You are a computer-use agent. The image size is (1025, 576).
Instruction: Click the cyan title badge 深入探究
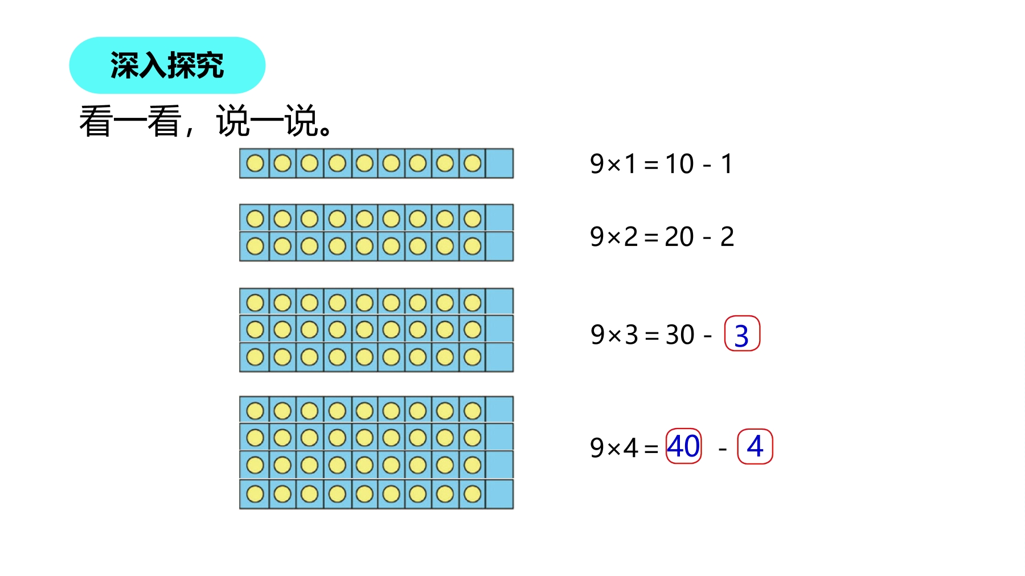(x=167, y=65)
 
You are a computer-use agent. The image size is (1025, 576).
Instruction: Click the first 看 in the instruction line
(x=96, y=121)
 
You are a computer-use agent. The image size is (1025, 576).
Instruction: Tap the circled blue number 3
(x=741, y=334)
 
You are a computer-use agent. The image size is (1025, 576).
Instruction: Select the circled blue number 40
(x=683, y=446)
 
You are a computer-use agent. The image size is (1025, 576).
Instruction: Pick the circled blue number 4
(x=755, y=446)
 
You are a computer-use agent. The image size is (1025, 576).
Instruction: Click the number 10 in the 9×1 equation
(x=679, y=164)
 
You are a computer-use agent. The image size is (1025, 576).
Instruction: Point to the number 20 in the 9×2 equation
(x=679, y=237)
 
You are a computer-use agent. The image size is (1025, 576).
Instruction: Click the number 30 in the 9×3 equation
(x=680, y=335)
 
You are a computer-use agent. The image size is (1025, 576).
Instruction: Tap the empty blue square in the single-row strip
(x=499, y=163)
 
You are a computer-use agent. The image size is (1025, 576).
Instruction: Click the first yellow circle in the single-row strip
(x=255, y=163)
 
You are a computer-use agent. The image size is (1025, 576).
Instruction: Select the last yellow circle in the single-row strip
(x=472, y=163)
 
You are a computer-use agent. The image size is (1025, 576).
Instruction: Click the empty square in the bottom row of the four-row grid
(x=499, y=494)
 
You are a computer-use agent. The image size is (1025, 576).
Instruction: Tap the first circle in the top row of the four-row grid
(x=255, y=410)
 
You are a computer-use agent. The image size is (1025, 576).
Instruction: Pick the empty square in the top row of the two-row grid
(x=499, y=218)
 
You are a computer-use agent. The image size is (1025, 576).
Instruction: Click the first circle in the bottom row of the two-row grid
(x=255, y=246)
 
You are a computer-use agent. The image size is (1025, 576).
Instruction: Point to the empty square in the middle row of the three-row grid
(x=499, y=329)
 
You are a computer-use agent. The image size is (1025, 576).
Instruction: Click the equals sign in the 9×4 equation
(x=651, y=449)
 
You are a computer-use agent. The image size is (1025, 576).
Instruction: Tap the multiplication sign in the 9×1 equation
(x=614, y=165)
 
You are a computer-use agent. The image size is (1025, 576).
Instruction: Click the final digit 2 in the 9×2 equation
(x=727, y=237)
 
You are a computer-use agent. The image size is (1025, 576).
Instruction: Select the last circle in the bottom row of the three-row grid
(x=472, y=357)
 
